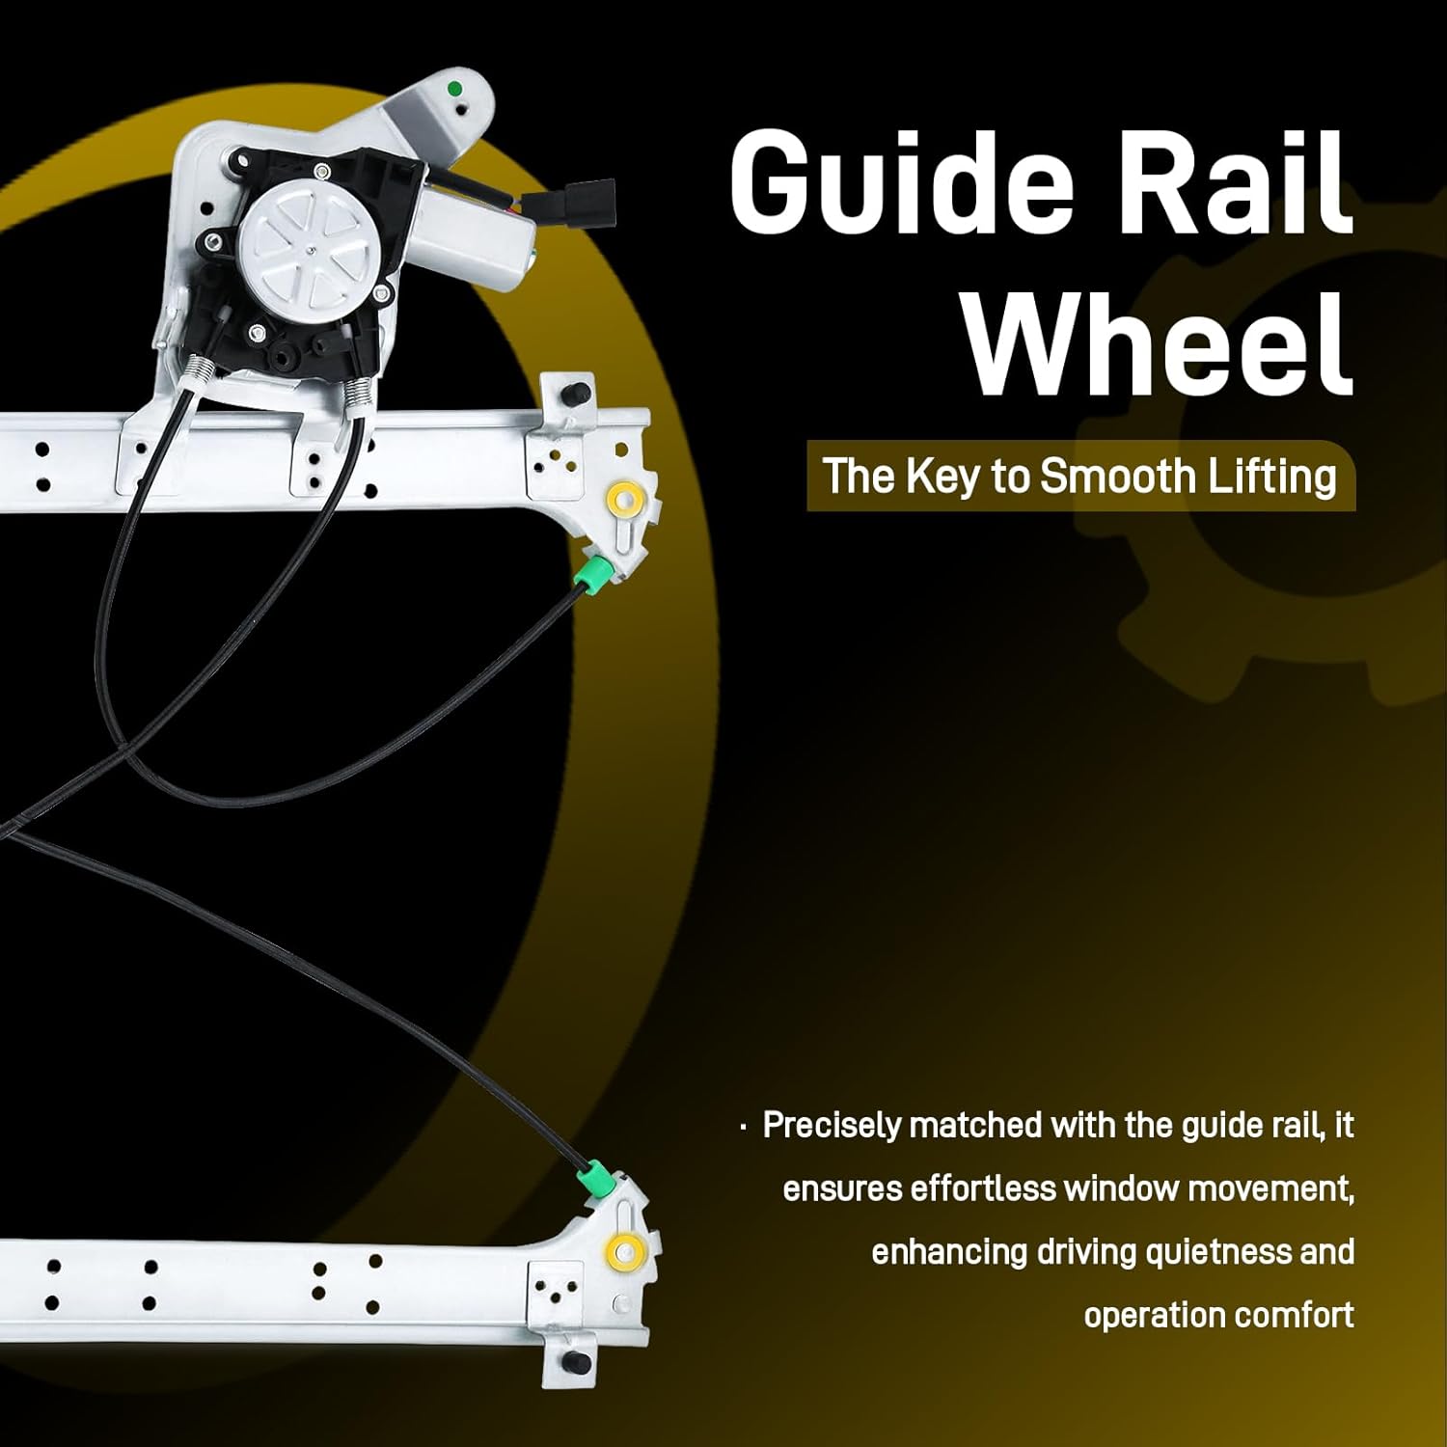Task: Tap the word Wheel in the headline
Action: (1158, 344)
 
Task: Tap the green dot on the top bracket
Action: (455, 90)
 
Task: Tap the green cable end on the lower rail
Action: (595, 1181)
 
